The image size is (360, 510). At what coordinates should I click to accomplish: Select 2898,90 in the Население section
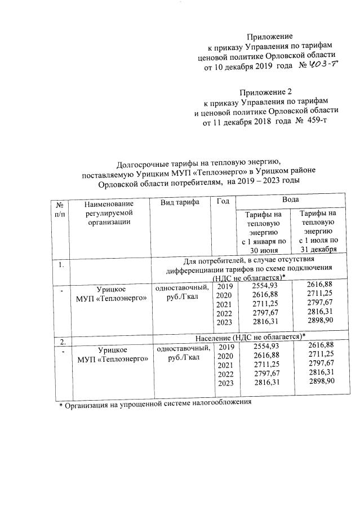tap(317, 382)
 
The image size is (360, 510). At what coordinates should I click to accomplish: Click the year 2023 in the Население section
tap(224, 383)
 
